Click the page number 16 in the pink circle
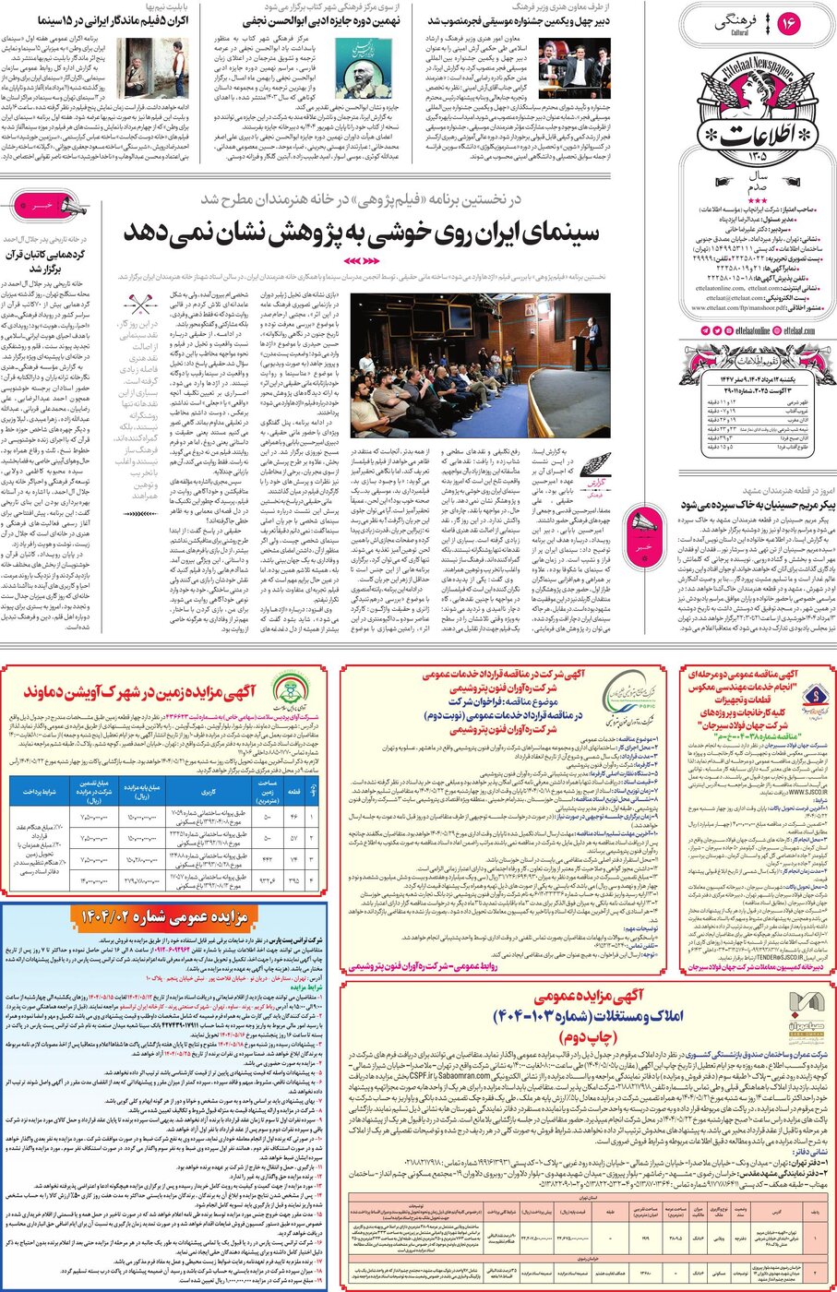pos(789,24)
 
